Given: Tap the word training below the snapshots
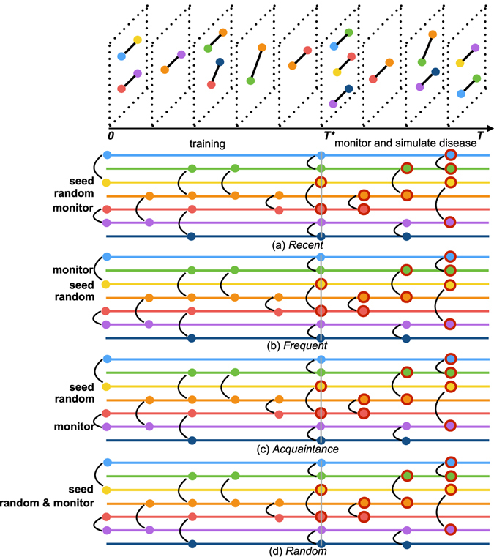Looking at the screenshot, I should pos(206,143).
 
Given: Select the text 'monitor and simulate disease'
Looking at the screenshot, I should pos(405,143).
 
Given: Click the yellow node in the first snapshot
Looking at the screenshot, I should pos(138,40).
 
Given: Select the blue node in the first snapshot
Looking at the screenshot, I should pos(121,56).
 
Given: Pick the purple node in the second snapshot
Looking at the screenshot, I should pos(181,54).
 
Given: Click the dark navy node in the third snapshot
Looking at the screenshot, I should pos(220,62).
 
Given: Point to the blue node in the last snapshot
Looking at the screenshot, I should pos(460,94).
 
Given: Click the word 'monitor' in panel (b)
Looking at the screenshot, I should pos(75,269).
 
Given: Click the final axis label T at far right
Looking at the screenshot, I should pos(480,136).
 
